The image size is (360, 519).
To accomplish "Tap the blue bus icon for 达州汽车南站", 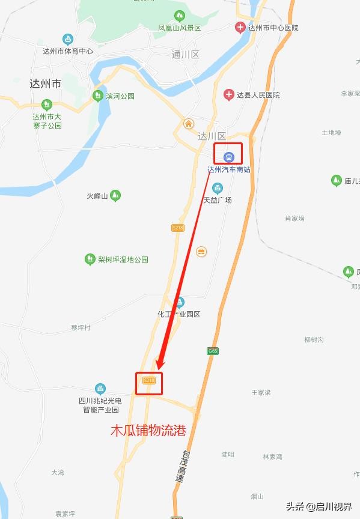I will coord(228,157).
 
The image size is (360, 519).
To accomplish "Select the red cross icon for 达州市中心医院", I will coord(240,27).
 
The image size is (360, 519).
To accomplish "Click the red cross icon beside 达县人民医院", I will coord(228,94).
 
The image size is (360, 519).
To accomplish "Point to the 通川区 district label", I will coord(185,55).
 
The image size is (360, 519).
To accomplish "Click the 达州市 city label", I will coord(45,84).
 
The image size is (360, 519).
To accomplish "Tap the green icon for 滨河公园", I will coord(97,96).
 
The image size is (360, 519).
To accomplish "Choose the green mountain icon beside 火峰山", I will coord(115,195).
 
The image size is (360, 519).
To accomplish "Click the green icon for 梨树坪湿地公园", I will coord(90,259).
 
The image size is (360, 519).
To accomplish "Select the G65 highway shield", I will coord(213,350).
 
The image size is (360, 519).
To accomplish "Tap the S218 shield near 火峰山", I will coord(177,228).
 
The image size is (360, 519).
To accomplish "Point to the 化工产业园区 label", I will coord(178,314).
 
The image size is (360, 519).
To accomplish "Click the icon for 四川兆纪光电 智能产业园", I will coord(100,389).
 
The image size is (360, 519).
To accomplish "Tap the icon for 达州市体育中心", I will coord(68,40).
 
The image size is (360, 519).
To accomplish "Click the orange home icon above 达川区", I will coord(189,124).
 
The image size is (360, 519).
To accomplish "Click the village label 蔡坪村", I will coord(81,327).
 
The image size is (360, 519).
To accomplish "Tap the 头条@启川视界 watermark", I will coord(319,506).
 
